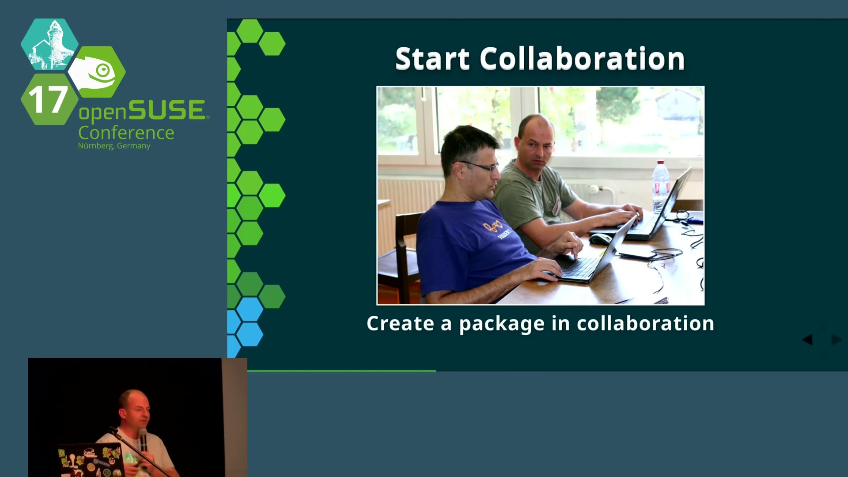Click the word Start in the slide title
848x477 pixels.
click(x=432, y=59)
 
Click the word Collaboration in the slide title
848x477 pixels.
click(x=582, y=59)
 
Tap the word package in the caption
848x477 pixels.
click(x=502, y=325)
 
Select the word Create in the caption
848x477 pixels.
click(x=401, y=323)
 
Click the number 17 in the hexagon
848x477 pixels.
click(x=48, y=99)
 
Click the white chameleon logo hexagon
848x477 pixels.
click(x=97, y=72)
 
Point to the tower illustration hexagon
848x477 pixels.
click(x=49, y=44)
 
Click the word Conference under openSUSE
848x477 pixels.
click(x=126, y=133)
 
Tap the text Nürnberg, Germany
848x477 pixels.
click(x=114, y=146)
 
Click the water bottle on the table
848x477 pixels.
click(x=660, y=185)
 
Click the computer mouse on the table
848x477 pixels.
click(x=600, y=239)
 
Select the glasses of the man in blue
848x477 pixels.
click(x=477, y=166)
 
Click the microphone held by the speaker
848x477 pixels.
click(x=143, y=439)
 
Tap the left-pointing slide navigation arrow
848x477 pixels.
click(x=807, y=339)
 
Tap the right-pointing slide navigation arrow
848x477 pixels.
click(x=837, y=339)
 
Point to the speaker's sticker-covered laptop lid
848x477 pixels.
click(x=91, y=461)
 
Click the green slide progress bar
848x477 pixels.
click(x=341, y=371)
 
